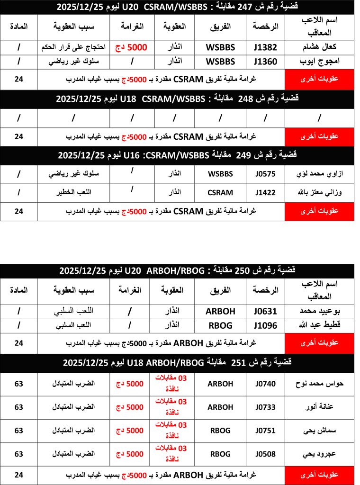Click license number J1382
[265, 47]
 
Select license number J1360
[265, 61]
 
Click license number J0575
[265, 174]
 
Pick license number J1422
[265, 193]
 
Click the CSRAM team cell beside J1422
[220, 193]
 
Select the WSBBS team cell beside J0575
[220, 174]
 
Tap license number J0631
[265, 311]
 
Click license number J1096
[265, 326]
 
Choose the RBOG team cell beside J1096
[220, 326]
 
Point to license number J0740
[265, 384]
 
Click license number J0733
[265, 407]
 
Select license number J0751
[265, 431]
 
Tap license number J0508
[265, 454]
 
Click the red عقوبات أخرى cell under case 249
[319, 211]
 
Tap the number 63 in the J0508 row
[19, 454]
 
